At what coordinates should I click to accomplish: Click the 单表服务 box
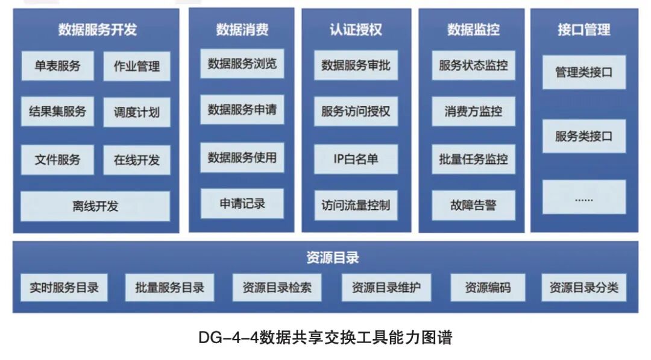[x=57, y=66]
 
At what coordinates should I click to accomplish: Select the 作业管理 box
[x=137, y=66]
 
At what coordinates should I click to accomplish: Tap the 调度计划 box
[x=137, y=112]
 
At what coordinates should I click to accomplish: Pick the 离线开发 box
[x=95, y=206]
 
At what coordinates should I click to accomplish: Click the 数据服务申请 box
[x=242, y=110]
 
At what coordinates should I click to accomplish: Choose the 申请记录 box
[x=242, y=203]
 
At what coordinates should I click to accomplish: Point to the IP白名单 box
[x=356, y=159]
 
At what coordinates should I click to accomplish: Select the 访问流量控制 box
[x=356, y=205]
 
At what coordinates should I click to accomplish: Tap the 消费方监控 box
[x=473, y=112]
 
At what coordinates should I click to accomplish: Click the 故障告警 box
[x=473, y=205]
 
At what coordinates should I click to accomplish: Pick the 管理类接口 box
[x=583, y=72]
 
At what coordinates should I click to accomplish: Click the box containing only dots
[x=583, y=197]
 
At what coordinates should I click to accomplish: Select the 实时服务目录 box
[x=64, y=288]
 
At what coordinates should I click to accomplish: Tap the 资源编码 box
[x=488, y=288]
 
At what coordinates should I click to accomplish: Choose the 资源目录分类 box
[x=583, y=288]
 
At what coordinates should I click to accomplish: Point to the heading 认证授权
[x=356, y=30]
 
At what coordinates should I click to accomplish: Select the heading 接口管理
[x=583, y=30]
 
